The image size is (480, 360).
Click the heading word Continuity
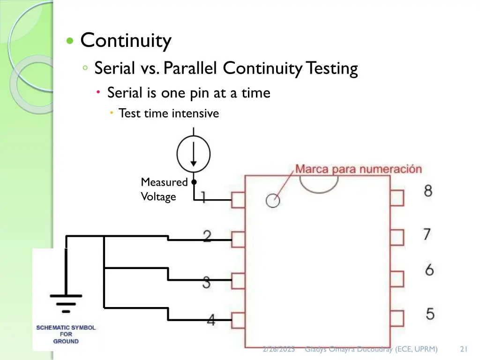tap(126, 41)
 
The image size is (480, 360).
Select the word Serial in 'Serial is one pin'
tap(124, 93)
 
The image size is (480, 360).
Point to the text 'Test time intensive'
tap(168, 113)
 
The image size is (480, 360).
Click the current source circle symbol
tap(193, 153)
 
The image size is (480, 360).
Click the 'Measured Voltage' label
tap(164, 189)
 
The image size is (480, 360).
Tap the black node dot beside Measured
tap(193, 182)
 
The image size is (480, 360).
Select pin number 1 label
tap(203, 197)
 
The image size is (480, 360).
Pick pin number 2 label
tap(207, 236)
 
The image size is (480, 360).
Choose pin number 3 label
tap(206, 282)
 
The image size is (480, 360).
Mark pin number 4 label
tap(211, 320)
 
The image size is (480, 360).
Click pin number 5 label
tap(429, 314)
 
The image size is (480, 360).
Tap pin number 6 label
tap(429, 270)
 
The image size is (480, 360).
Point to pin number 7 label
tap(427, 234)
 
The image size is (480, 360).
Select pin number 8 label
tap(428, 191)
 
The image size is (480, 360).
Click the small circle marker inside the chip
tap(272, 201)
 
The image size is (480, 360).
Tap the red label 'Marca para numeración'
tap(358, 169)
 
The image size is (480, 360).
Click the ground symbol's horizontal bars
tap(66, 303)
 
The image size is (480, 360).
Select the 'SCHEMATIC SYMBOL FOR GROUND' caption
tap(66, 334)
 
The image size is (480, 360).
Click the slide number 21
tap(465, 349)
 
